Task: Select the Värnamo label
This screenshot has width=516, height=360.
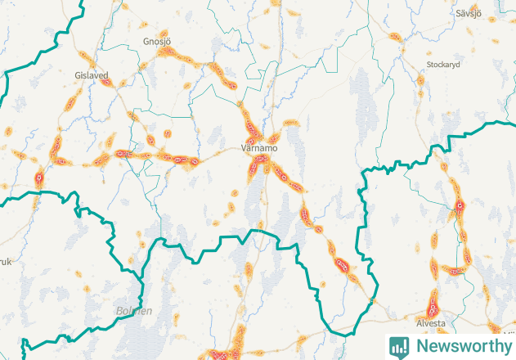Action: (x=260, y=149)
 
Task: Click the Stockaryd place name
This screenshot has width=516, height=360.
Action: (x=445, y=64)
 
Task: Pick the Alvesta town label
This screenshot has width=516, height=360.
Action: (x=432, y=323)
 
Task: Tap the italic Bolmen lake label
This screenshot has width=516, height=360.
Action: (x=134, y=312)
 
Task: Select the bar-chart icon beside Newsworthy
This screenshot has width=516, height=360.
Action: (x=399, y=346)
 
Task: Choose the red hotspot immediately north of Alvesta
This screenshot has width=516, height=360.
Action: (x=433, y=309)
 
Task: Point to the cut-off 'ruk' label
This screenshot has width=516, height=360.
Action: (x=6, y=262)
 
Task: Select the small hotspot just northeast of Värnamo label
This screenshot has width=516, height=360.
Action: (x=276, y=137)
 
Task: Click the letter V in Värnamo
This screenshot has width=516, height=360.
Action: (x=245, y=149)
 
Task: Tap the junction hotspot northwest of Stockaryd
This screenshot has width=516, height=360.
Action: (x=402, y=49)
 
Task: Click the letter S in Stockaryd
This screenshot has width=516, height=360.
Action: (x=429, y=64)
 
